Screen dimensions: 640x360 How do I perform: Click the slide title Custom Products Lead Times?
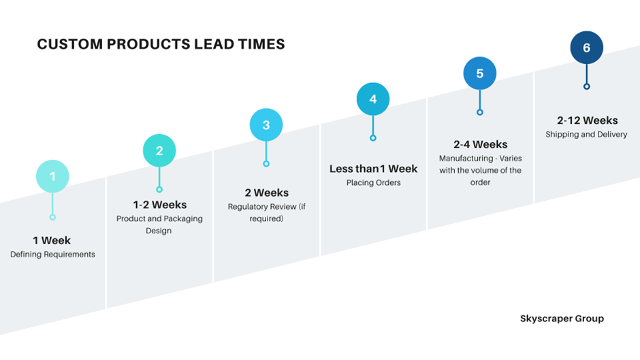(161, 44)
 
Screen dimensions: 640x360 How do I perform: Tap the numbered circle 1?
(52, 176)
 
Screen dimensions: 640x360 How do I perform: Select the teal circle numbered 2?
(159, 150)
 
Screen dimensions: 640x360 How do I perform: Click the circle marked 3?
(266, 125)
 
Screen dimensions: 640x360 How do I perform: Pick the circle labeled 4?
(373, 99)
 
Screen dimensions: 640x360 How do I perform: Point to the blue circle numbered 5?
(480, 73)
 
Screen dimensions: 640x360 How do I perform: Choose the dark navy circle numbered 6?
(586, 48)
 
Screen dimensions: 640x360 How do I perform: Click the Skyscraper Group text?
(562, 318)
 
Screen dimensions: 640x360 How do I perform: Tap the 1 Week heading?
(52, 240)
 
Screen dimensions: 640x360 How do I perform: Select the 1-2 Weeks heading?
(159, 204)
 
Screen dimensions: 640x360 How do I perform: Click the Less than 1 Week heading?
(374, 169)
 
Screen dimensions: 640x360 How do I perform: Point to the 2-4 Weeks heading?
(481, 144)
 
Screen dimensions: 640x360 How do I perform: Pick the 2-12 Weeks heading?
(588, 120)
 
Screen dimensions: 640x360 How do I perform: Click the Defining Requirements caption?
(52, 255)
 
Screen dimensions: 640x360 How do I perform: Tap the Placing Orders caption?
(374, 183)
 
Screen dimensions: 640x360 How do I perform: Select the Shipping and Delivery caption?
(586, 134)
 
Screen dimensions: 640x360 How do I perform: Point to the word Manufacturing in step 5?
(466, 159)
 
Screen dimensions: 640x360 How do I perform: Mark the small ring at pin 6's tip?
(586, 86)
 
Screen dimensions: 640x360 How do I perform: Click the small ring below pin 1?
(52, 217)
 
